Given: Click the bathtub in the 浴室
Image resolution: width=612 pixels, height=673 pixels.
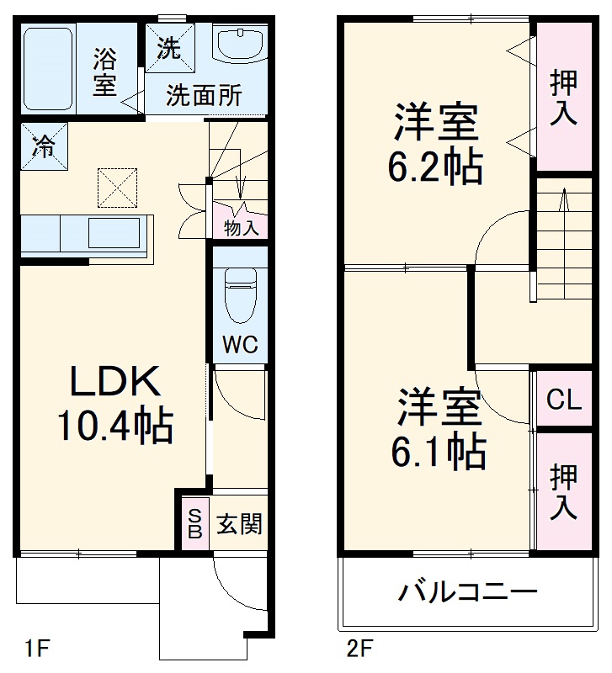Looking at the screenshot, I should coord(48,67).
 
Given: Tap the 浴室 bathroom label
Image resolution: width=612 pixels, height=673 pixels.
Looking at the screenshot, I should coord(104,72).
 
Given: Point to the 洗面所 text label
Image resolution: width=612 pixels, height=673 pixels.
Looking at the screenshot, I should coord(203,95).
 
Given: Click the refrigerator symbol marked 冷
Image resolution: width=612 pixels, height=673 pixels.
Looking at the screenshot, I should coord(43,146).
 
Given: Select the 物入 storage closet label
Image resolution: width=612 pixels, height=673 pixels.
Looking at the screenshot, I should coord(241,227).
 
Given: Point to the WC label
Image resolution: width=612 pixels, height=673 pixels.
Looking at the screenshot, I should coord(239,345).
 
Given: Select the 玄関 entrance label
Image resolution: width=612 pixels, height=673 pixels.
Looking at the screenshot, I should coord(240,525).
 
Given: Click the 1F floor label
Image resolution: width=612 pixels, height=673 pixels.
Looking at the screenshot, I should coord(38,649).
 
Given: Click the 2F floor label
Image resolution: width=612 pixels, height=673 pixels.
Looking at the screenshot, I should coord(359,649).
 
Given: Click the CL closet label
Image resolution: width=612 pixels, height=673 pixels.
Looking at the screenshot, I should coord(563,400).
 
